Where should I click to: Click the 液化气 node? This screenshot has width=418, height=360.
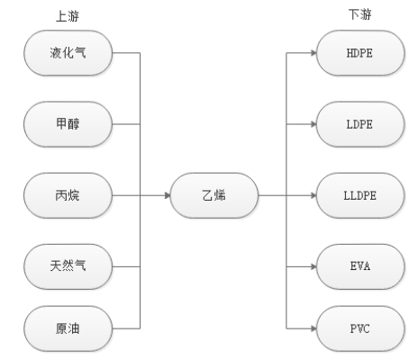click(68, 53)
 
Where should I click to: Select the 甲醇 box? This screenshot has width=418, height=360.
click(68, 124)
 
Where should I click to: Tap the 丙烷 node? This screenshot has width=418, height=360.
click(68, 195)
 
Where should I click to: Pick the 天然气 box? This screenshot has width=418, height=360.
click(68, 266)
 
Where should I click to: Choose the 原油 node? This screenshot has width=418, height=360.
click(68, 328)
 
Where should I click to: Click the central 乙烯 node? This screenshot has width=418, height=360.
click(214, 195)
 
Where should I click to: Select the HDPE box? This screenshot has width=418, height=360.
click(360, 53)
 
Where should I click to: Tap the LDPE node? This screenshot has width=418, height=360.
click(360, 124)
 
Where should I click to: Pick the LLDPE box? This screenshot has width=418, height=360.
click(360, 195)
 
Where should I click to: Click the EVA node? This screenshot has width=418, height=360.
click(360, 266)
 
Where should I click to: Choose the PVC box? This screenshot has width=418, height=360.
click(360, 328)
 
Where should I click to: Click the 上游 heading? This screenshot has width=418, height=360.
click(68, 16)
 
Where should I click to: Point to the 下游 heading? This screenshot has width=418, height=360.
click(359, 14)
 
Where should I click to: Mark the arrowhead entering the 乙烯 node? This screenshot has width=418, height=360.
click(168, 195)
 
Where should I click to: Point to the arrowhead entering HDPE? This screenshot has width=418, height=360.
click(313, 53)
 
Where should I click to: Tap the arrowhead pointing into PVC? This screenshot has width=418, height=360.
click(313, 328)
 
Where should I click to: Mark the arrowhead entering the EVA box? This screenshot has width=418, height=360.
click(313, 266)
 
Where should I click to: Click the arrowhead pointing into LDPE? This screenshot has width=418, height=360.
click(313, 124)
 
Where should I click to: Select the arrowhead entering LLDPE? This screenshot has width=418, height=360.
click(313, 195)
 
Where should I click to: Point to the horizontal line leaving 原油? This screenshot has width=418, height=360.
click(126, 328)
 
